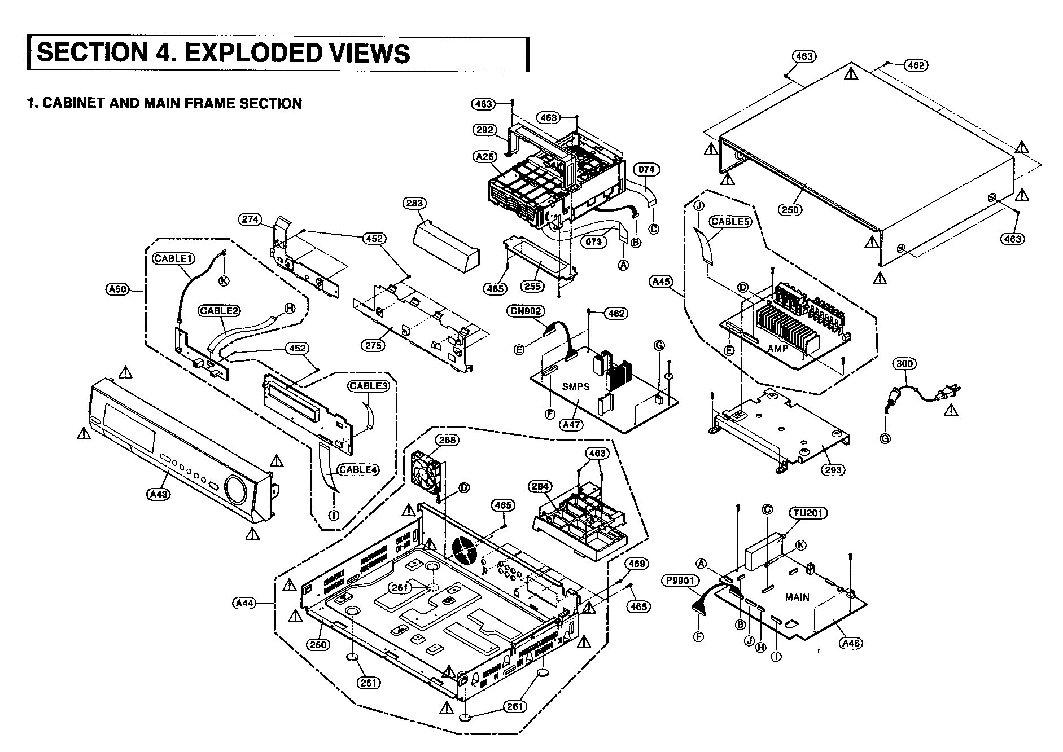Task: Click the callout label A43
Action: (x=159, y=494)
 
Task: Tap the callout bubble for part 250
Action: (x=790, y=210)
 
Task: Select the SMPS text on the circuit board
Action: (x=576, y=386)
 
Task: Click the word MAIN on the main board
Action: (x=797, y=597)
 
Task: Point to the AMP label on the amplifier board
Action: (x=777, y=349)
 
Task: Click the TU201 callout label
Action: (x=808, y=513)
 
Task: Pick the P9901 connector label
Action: (x=681, y=580)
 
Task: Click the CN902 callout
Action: (x=525, y=311)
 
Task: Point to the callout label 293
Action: (x=833, y=469)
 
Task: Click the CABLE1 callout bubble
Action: (x=174, y=258)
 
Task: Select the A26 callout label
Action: (x=485, y=156)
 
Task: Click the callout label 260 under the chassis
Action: (x=317, y=645)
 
